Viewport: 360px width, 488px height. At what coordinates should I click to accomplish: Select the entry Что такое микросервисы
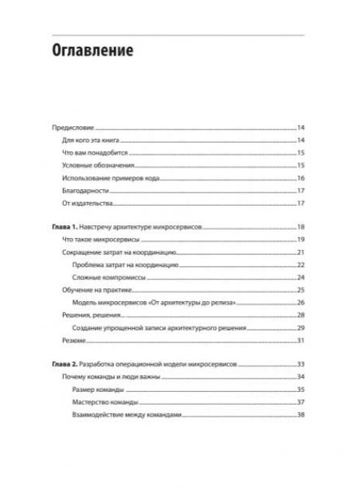[x=97, y=239]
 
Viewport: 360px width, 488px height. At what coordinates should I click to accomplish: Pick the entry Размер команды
[x=97, y=389]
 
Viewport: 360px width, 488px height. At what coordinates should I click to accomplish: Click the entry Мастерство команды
[x=104, y=402]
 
